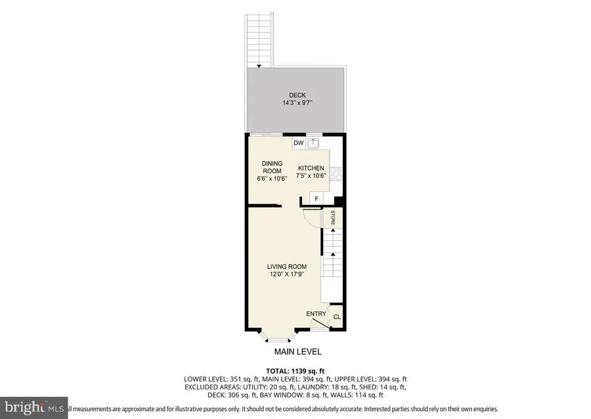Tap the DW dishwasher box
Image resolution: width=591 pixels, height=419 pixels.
[298, 143]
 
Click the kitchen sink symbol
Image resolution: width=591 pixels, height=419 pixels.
[314, 143]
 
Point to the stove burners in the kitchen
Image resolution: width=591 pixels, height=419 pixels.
[336, 173]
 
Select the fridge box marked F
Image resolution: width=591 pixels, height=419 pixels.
[317, 199]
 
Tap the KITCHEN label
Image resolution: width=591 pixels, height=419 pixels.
[311, 168]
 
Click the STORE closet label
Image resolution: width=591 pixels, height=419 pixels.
[333, 218]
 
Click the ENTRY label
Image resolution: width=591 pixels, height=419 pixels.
[316, 314]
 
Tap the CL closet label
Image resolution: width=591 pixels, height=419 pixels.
[337, 317]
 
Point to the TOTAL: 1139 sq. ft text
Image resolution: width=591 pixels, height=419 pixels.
[294, 370]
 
